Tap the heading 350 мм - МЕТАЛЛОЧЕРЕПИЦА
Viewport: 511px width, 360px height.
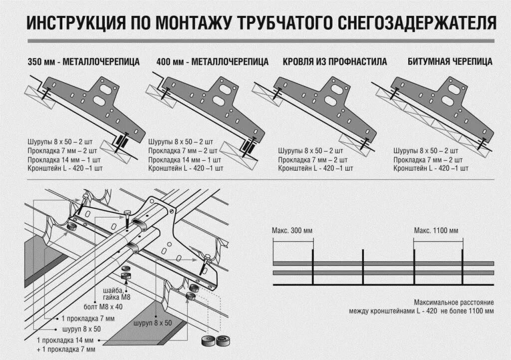[84, 62]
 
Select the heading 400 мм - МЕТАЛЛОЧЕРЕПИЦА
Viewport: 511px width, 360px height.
[212, 62]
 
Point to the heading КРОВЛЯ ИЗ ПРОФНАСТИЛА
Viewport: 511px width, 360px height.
[335, 62]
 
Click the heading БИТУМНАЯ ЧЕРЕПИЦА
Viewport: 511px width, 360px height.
[450, 62]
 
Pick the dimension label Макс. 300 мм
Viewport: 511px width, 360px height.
[292, 231]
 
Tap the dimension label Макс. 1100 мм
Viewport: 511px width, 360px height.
[436, 231]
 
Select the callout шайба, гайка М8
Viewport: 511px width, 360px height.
[116, 294]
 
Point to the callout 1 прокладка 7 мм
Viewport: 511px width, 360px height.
[88, 318]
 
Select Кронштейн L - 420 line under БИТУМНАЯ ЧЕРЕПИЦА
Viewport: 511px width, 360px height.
[431, 169]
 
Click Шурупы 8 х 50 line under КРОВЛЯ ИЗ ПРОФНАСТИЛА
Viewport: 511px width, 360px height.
[310, 150]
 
